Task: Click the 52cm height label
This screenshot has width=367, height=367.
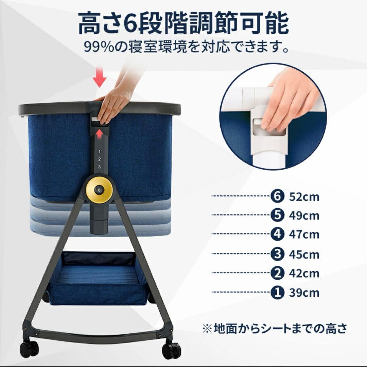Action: (304, 197)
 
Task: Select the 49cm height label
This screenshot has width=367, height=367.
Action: (304, 215)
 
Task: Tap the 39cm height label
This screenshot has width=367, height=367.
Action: (304, 293)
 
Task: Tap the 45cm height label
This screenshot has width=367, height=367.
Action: (304, 254)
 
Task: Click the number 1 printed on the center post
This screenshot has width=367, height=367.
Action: (99, 152)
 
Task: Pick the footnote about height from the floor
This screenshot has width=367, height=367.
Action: (275, 329)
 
